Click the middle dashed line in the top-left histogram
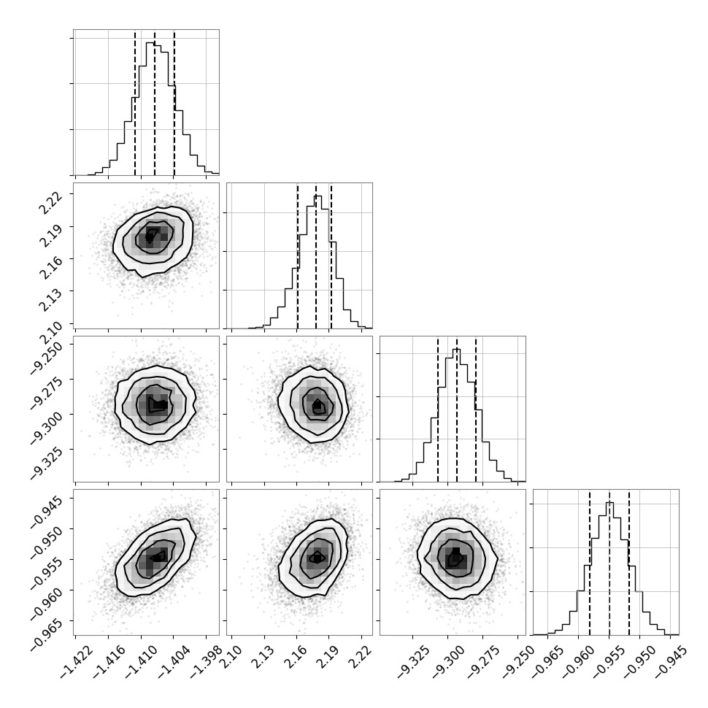(x=155, y=102)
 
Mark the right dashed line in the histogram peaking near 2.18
(x=331, y=255)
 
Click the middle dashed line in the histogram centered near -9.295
(x=457, y=409)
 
